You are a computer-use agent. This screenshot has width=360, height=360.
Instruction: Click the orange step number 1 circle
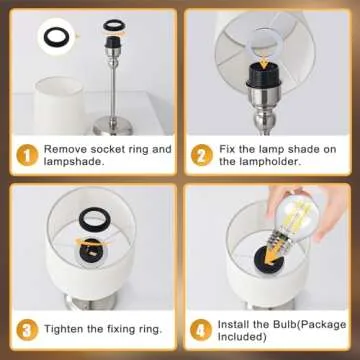click(x=24, y=155)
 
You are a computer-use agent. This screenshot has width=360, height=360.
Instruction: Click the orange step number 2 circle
click(x=202, y=155)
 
